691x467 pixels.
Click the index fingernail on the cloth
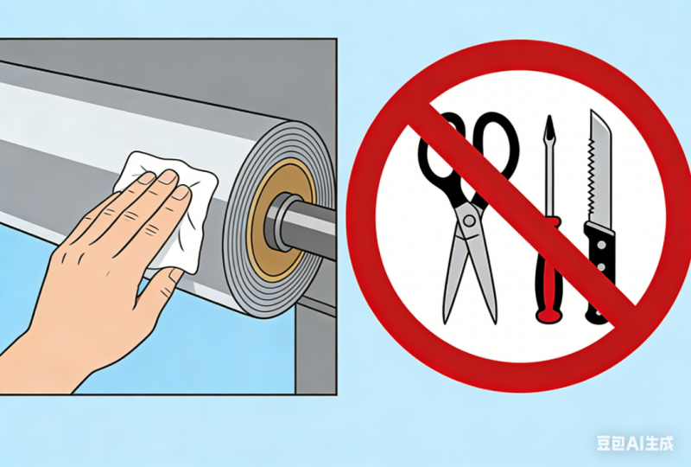tap(146, 178)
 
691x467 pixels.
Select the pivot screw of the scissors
tap(469, 221)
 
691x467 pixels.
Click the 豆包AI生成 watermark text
tap(635, 443)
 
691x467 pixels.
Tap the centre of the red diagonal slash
tap(522, 213)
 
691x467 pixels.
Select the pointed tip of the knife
tap(592, 112)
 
